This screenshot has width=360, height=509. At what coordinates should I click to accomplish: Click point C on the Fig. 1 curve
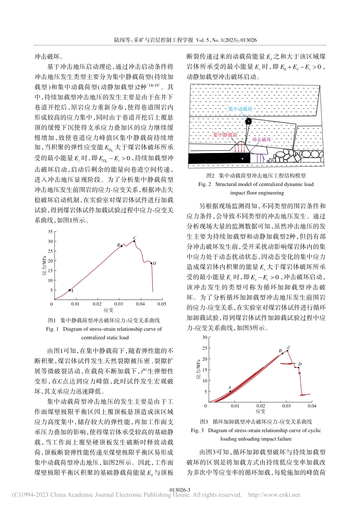click(x=134, y=241)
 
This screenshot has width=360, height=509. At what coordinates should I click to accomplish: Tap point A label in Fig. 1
click(x=72, y=291)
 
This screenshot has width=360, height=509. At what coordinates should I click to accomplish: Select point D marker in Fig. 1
click(x=151, y=263)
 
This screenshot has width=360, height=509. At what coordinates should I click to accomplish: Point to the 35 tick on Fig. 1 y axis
click(x=50, y=232)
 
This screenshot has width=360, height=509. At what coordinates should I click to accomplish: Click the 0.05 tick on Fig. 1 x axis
click(x=162, y=304)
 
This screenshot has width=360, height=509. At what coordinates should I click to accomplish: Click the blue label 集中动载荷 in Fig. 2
click(x=240, y=109)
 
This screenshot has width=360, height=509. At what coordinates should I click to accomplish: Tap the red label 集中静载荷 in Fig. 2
click(x=225, y=135)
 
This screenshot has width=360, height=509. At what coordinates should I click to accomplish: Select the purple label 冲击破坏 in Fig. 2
click(x=261, y=139)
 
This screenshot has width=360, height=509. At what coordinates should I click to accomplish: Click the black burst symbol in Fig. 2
click(x=248, y=122)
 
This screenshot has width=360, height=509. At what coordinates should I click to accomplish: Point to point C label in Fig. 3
click(x=289, y=348)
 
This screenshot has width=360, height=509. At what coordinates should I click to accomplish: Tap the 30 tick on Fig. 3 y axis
click(x=205, y=337)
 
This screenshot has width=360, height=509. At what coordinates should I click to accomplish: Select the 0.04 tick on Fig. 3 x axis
click(x=312, y=406)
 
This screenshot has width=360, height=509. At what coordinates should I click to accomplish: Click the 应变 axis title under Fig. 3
click(x=260, y=411)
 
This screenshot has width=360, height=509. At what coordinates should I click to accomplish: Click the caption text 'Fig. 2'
click(x=205, y=184)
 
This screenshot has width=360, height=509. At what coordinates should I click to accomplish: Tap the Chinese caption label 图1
click(x=52, y=320)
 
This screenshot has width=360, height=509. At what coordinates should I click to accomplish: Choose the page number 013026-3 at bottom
click(x=180, y=490)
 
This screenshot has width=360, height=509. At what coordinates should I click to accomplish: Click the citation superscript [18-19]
click(x=153, y=85)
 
